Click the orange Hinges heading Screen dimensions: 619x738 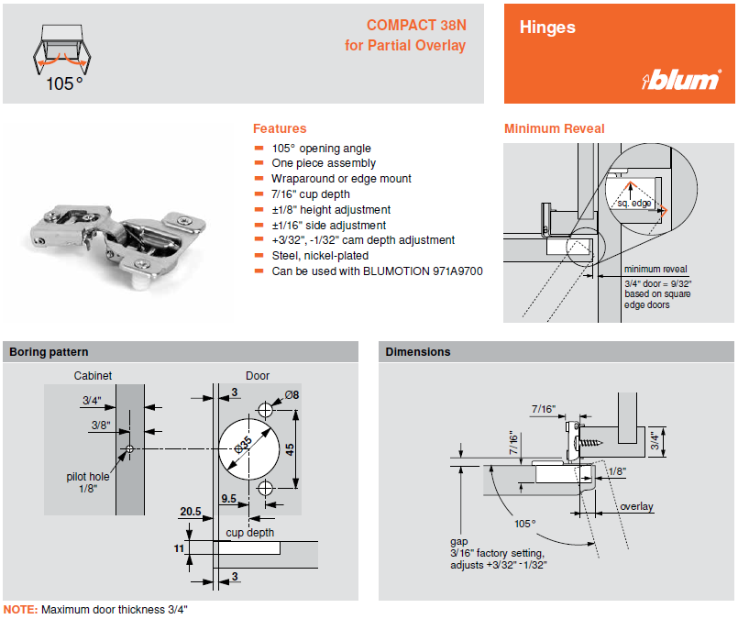(x=547, y=28)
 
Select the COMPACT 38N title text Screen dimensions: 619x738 (x=416, y=25)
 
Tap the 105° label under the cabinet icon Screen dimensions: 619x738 (x=65, y=83)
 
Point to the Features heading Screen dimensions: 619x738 (x=280, y=128)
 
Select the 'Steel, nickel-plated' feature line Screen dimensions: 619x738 (x=320, y=256)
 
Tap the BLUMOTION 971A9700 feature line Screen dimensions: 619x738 (x=377, y=271)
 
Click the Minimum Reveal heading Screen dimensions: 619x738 (x=554, y=128)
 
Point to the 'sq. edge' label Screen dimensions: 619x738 (x=633, y=203)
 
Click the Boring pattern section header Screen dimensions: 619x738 (x=49, y=352)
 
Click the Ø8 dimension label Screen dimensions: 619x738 (x=292, y=395)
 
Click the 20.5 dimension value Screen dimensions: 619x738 (x=190, y=512)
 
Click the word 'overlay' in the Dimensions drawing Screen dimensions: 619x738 (x=636, y=506)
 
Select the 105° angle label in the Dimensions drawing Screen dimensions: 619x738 (x=524, y=524)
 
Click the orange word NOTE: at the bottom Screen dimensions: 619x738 (x=20, y=609)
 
